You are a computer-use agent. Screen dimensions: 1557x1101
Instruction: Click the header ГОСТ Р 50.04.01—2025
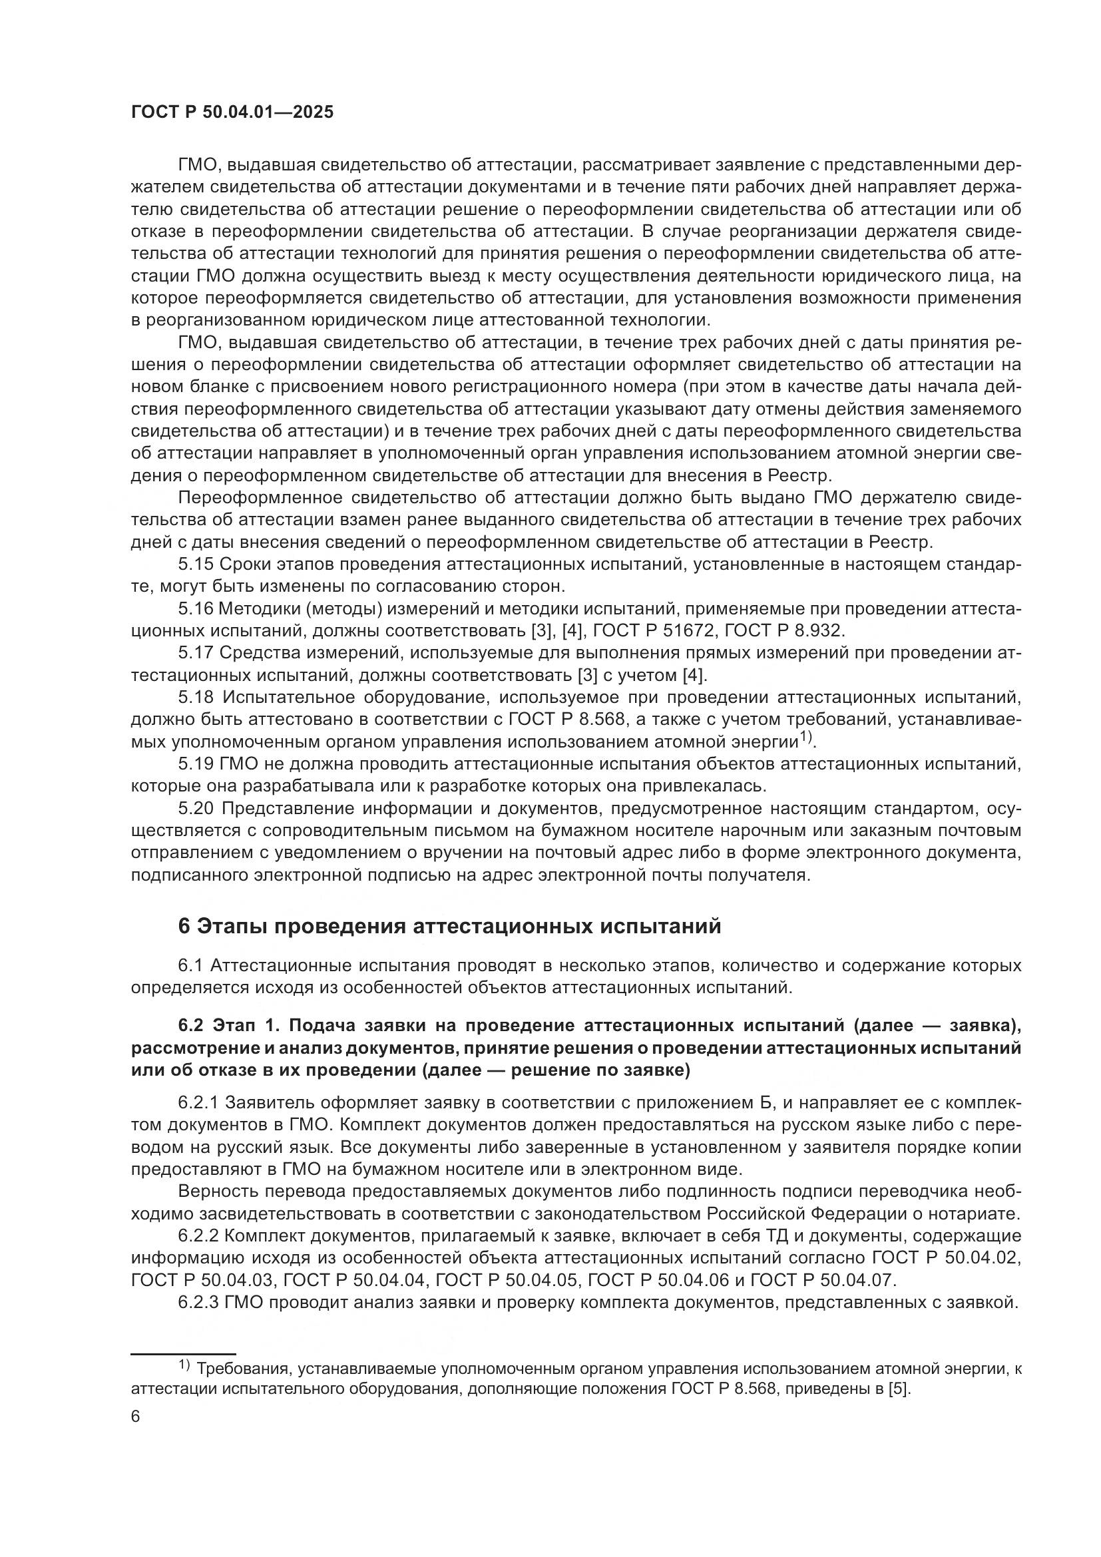232,112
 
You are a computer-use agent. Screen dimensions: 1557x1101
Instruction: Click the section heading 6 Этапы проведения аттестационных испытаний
449,927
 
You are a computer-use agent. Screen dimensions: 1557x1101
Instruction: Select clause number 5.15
196,564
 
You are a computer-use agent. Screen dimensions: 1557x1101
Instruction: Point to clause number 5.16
196,609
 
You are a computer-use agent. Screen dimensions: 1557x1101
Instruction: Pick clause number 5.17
196,653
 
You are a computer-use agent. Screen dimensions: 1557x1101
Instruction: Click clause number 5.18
196,697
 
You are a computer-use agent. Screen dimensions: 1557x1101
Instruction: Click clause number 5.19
196,764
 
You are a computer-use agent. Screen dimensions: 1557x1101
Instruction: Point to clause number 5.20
196,808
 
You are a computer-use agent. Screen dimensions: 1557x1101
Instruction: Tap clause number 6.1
190,965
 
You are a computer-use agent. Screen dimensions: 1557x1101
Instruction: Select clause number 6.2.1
200,1102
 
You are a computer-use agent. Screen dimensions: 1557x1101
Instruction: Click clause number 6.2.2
200,1236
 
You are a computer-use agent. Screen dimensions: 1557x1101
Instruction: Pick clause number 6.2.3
200,1303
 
